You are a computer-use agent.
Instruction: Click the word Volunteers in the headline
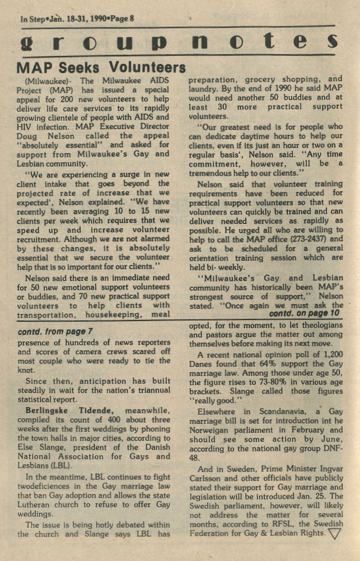[x=147, y=67]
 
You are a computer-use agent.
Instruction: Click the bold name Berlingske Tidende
[x=69, y=411]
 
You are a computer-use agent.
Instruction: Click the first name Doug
[x=27, y=136]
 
